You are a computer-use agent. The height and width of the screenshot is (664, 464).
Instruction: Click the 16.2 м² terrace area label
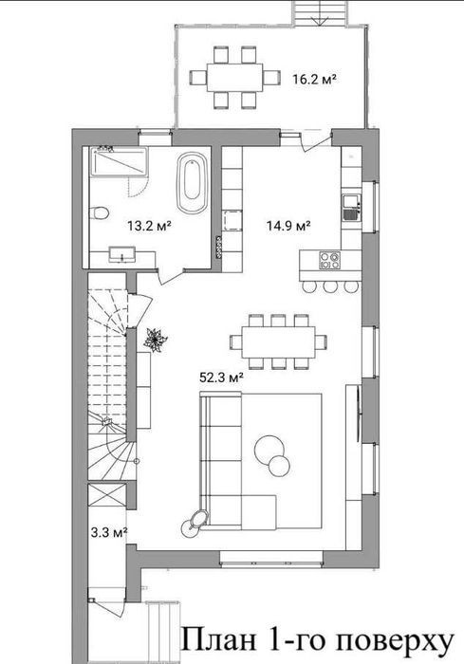[x=314, y=79]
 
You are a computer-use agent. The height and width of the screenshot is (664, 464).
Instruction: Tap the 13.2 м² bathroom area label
[x=149, y=226]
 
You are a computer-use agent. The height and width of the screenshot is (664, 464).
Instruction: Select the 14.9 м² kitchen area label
[x=288, y=226]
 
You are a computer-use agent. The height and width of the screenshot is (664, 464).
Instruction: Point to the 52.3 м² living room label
[x=221, y=377]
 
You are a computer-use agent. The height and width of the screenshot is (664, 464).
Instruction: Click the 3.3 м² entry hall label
[x=109, y=532]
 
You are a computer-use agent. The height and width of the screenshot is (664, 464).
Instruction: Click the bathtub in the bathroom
[x=193, y=182]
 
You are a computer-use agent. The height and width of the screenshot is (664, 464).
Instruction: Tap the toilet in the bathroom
[x=99, y=212]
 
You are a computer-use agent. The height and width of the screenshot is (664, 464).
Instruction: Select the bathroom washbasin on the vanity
[x=122, y=254]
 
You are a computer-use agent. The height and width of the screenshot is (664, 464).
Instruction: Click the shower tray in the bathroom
[x=119, y=161]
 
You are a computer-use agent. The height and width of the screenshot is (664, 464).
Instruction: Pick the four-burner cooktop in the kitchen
[x=329, y=260]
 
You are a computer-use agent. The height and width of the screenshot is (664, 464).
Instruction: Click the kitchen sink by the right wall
[x=351, y=209]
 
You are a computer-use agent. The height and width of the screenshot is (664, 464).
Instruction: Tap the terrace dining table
[x=234, y=78]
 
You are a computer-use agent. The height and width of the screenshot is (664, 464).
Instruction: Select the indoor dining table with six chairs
[x=278, y=341]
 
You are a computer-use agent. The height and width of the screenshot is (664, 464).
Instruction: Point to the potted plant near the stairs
[x=156, y=340]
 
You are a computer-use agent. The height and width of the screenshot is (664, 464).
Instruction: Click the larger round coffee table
[x=269, y=450]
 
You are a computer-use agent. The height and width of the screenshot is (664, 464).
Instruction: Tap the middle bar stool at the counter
[x=330, y=286]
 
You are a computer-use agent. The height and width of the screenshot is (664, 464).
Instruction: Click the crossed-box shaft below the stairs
[x=107, y=494]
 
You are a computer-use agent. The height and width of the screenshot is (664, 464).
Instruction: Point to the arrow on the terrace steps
[x=319, y=20]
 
